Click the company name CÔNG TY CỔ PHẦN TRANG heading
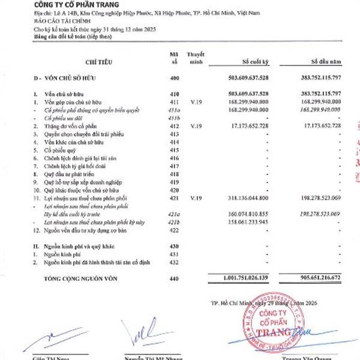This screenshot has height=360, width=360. point(71,5)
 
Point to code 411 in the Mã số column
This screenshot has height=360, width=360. point(175,102)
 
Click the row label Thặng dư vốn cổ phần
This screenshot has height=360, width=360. point(73,126)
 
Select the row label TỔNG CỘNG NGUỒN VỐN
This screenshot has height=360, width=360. point(79,278)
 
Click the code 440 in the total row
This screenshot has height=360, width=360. point(175,278)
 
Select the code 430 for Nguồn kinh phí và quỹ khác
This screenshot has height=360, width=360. point(175,247)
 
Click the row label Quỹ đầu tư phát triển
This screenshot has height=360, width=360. point(70,173)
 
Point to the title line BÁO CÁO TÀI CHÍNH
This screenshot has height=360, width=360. point(60,21)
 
